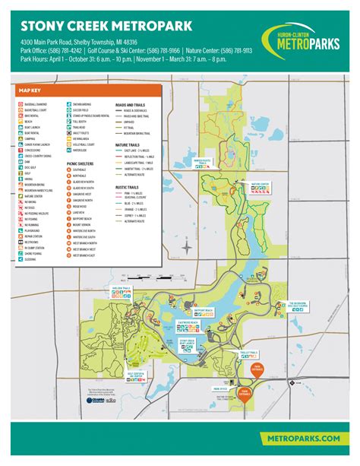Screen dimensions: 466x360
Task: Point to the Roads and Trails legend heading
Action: point(131,104)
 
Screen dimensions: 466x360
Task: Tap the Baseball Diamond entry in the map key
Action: point(38,104)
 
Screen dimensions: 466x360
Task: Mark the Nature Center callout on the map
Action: point(260,185)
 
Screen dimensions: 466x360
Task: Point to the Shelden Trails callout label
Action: point(122,290)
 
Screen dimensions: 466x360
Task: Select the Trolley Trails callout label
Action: point(248,353)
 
